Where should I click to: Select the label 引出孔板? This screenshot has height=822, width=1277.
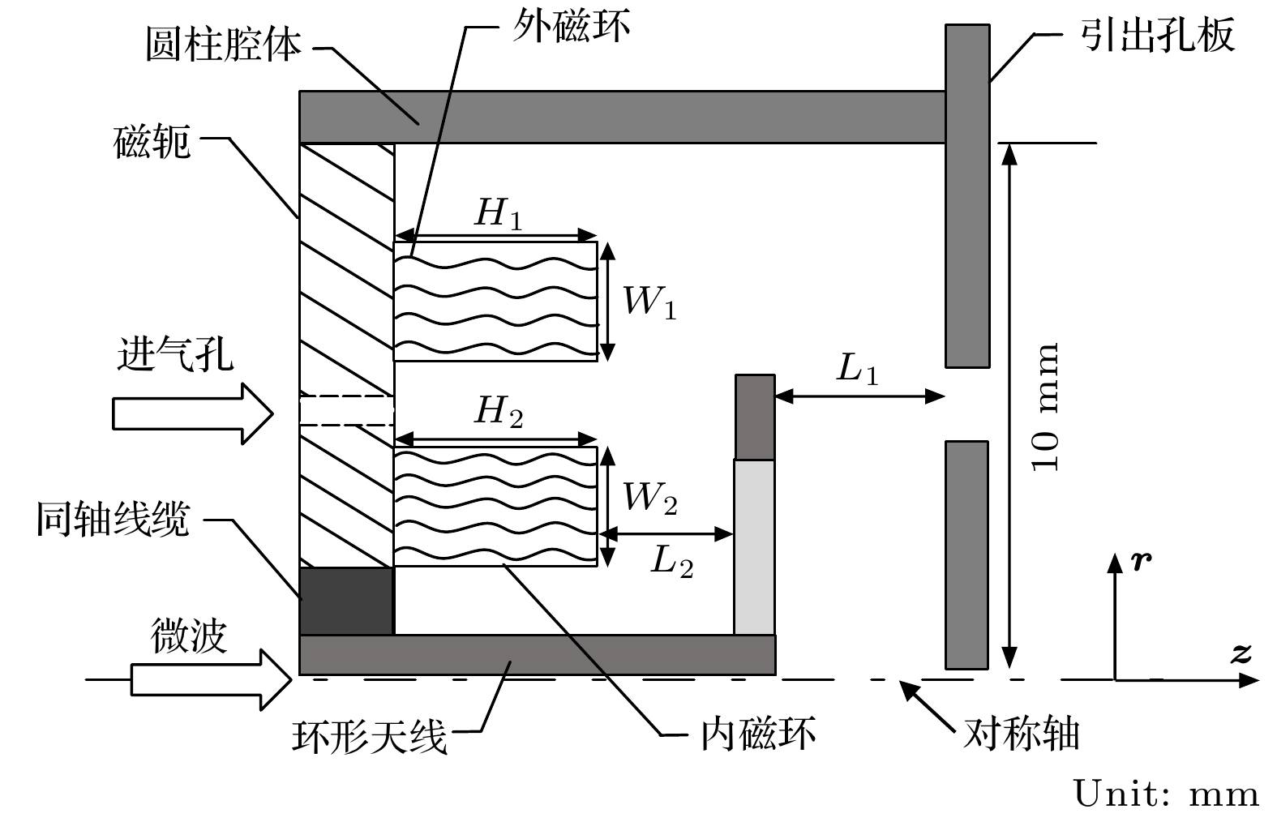click(1157, 36)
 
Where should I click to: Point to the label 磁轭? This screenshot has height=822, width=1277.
click(152, 142)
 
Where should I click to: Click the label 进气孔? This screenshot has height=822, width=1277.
click(175, 354)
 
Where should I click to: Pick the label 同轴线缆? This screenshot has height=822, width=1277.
click(113, 519)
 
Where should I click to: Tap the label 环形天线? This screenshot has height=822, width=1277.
click(369, 737)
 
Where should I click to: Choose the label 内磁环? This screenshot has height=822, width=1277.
click(758, 734)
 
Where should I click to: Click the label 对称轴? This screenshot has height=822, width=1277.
click(1021, 734)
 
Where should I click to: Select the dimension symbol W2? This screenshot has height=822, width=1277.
click(649, 497)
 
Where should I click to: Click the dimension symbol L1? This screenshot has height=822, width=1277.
click(857, 370)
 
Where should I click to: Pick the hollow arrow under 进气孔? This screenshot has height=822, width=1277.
click(192, 413)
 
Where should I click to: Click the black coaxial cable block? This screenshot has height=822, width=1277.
click(346, 601)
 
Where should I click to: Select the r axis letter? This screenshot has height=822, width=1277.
click(1141, 561)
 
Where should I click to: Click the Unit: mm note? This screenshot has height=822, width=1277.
click(1166, 794)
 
